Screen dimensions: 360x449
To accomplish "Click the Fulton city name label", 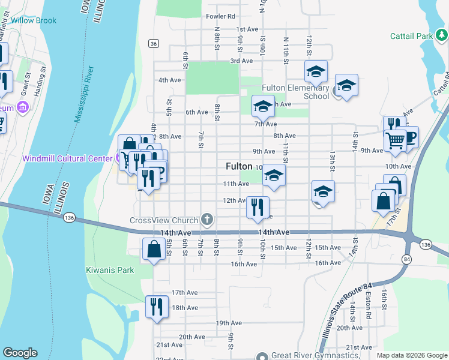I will [x=239, y=166].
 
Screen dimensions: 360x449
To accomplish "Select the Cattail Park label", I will [x=411, y=36].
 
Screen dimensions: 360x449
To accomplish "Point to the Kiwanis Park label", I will [x=110, y=270].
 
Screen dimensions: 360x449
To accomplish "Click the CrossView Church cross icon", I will [x=208, y=218].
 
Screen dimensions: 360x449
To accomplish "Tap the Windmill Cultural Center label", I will [x=67, y=159].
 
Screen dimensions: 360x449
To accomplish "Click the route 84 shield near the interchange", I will [x=407, y=259].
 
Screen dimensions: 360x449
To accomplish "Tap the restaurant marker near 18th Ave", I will [x=154, y=307].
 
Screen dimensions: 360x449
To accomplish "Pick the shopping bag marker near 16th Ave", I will [x=154, y=249].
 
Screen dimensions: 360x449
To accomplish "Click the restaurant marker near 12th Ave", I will [x=258, y=208].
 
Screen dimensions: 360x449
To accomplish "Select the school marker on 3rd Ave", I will [x=316, y=72].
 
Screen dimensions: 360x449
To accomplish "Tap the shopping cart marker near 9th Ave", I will [x=395, y=140].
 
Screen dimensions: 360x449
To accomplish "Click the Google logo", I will [x=20, y=353].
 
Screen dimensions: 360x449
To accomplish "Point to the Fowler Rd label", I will [x=220, y=16].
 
